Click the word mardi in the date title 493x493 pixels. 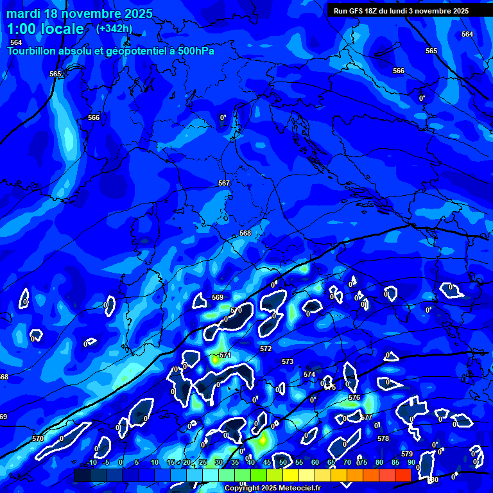(24, 13)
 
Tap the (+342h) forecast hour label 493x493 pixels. (115, 28)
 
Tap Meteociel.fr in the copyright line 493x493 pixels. (293, 489)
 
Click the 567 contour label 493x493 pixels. (223, 183)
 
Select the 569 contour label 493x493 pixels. (218, 297)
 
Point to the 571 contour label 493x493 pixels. (225, 355)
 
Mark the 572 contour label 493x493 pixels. (266, 349)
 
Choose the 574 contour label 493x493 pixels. (309, 374)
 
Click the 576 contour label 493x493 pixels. (354, 398)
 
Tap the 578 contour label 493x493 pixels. (383, 438)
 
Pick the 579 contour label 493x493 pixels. (406, 454)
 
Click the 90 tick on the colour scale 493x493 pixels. (411, 462)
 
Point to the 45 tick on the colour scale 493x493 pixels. (266, 462)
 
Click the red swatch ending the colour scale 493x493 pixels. (402, 475)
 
